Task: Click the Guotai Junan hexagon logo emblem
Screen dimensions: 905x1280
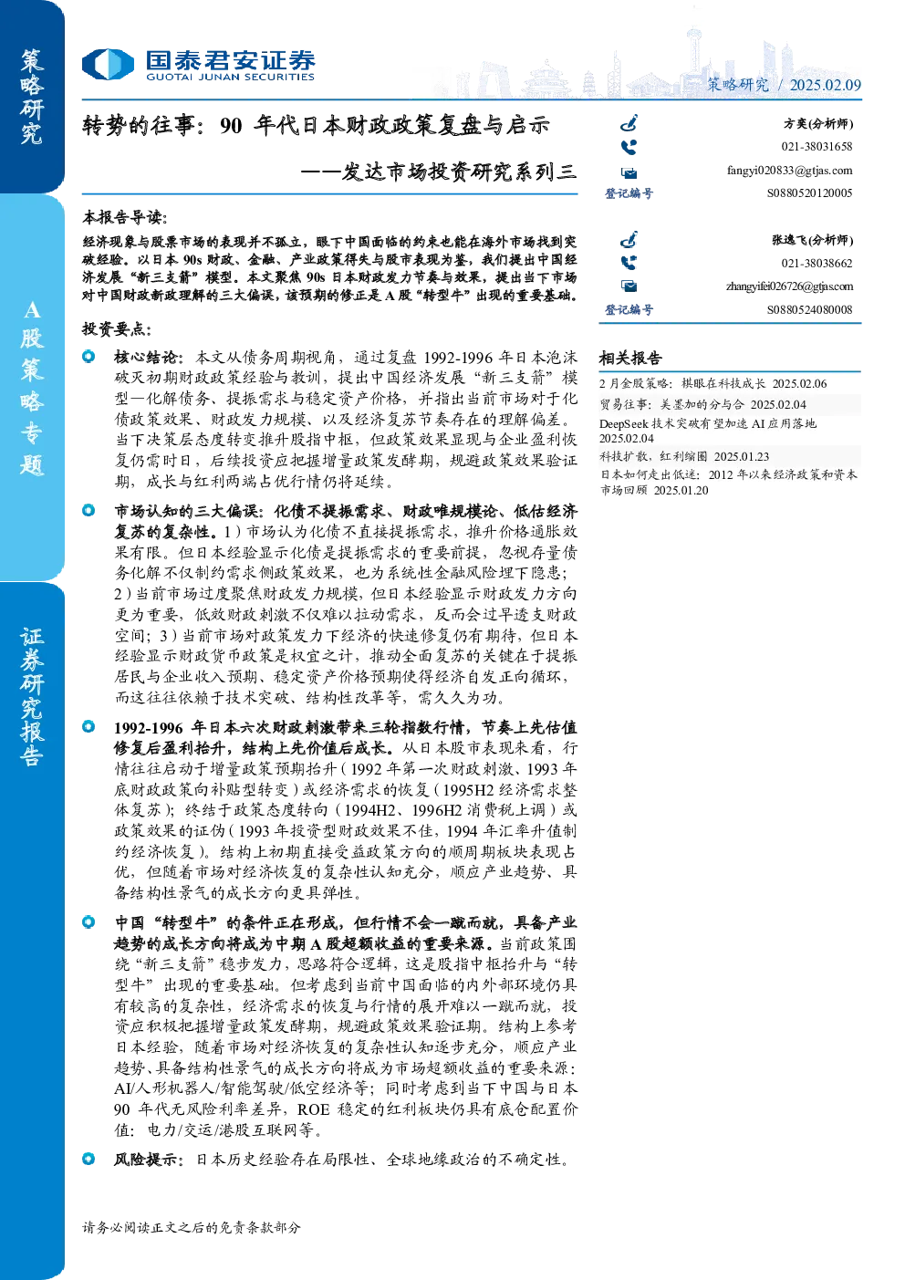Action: point(108,64)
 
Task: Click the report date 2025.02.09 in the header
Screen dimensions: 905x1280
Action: point(825,85)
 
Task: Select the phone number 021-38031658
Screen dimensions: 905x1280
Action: point(817,147)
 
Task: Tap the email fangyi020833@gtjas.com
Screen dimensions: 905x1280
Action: point(789,171)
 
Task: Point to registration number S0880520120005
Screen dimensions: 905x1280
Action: point(809,193)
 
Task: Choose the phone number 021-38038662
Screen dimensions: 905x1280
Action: point(817,264)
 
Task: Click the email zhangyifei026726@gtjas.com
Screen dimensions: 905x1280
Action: point(789,286)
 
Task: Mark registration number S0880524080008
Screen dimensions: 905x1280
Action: point(809,309)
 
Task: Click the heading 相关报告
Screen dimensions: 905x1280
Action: point(629,359)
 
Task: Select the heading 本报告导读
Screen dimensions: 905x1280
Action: point(125,217)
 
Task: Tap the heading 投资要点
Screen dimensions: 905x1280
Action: point(117,329)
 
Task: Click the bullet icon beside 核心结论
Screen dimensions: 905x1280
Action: point(88,357)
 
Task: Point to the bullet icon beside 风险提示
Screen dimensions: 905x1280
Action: point(88,1159)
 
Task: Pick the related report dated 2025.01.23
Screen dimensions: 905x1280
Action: point(684,456)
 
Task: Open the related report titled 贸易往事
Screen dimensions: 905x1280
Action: point(702,404)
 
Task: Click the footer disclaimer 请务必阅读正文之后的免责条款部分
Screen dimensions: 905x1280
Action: point(192,1227)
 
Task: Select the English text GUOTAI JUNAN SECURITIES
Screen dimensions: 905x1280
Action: point(230,77)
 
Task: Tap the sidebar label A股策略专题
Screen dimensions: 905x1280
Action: point(31,388)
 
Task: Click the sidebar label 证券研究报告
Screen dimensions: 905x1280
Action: point(31,697)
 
